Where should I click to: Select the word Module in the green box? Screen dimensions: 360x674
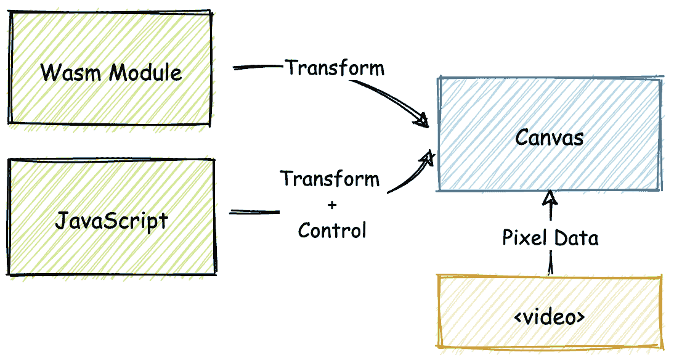[145, 73]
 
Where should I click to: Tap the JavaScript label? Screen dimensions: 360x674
[112, 220]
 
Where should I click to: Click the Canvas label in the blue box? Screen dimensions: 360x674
[550, 137]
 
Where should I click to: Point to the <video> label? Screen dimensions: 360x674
[550, 317]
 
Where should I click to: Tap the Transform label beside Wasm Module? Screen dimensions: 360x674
[335, 67]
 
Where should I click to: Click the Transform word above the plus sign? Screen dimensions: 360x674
[330, 179]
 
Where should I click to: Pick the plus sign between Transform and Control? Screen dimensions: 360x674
[331, 205]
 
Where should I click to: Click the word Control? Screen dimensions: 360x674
[332, 230]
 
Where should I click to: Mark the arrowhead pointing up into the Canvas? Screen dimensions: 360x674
[550, 198]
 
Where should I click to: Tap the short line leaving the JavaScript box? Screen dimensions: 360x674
[254, 212]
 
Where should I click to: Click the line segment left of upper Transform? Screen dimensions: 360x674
[258, 67]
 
